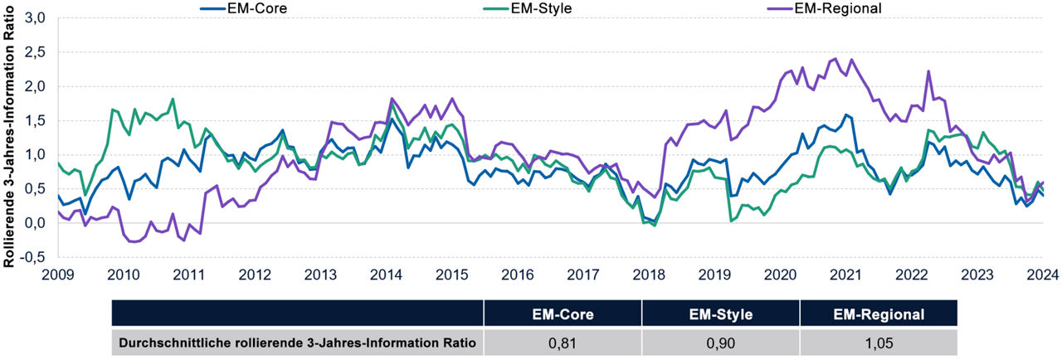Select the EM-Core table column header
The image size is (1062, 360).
pyautogui.click(x=562, y=314)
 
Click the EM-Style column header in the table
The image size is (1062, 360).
pyautogui.click(x=720, y=314)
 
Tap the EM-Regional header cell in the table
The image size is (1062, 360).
pyautogui.click(x=879, y=314)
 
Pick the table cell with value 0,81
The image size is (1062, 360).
pyautogui.click(x=562, y=342)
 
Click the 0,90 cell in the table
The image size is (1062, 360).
pyautogui.click(x=720, y=342)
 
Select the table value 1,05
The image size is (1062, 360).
pyautogui.click(x=879, y=342)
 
